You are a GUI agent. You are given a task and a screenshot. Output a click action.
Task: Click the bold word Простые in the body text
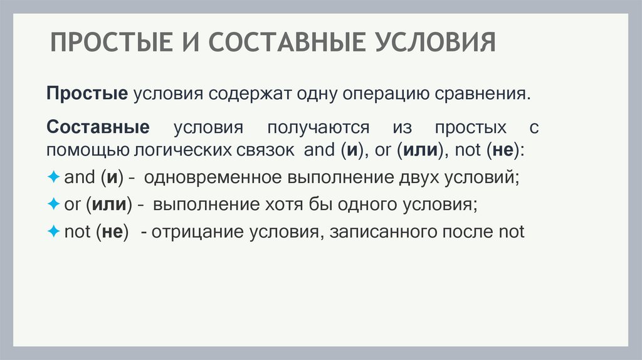(87, 95)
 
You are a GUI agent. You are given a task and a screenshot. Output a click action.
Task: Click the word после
(469, 231)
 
